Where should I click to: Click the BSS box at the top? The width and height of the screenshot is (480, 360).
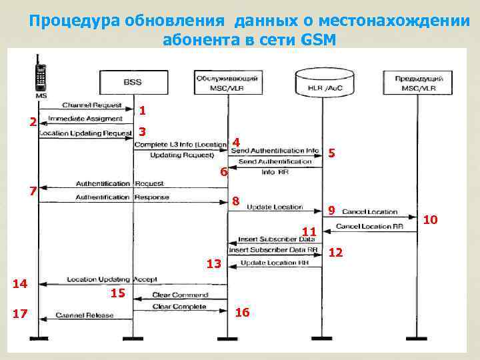tap(132, 83)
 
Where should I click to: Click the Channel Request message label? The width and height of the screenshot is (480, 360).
tap(91, 105)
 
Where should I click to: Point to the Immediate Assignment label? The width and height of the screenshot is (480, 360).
tap(90, 118)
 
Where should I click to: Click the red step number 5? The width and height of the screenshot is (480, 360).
tap(331, 153)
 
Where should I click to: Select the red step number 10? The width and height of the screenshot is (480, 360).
tap(431, 219)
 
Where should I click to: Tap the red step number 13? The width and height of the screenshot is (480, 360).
tap(213, 264)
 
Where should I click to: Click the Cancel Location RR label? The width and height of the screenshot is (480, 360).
tap(369, 227)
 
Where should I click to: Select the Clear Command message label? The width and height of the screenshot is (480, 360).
tap(179, 295)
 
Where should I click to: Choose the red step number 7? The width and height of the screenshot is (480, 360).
tap(32, 191)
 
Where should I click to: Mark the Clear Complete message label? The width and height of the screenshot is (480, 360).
tap(179, 307)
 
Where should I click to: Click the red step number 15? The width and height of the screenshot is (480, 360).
tap(117, 293)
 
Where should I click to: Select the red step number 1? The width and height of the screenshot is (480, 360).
tap(143, 109)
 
